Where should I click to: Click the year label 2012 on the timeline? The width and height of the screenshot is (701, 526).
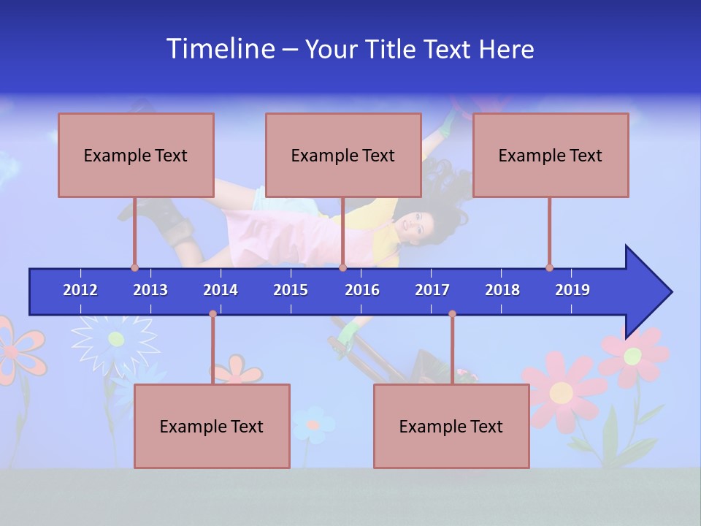coord(80,290)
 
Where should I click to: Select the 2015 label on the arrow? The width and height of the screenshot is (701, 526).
coord(291,290)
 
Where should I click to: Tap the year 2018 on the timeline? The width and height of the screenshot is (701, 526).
coord(502,290)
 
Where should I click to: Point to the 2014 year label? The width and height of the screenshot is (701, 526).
coord(221,290)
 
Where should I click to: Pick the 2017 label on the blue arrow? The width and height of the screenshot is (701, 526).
coord(432,290)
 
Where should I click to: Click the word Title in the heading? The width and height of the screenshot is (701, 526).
coord(393,49)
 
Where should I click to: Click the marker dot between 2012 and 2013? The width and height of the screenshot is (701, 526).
coord(134,267)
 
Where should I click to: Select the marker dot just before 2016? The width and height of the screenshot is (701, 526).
coord(342,267)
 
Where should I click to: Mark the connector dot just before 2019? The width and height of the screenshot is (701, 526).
coord(549,267)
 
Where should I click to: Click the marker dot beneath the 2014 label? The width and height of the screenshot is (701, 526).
coord(212,314)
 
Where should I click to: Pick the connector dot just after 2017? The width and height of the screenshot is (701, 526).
coord(452,314)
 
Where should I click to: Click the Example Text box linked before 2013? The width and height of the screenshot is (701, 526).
coord(136,155)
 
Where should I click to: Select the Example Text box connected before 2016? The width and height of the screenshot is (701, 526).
coord(343,155)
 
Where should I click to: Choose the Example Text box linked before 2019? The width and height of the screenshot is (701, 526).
coord(551,155)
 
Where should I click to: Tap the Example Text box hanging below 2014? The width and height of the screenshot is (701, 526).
coord(212,426)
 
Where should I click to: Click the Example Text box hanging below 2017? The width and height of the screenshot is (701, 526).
coord(451,426)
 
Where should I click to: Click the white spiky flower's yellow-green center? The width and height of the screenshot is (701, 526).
coord(115,338)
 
